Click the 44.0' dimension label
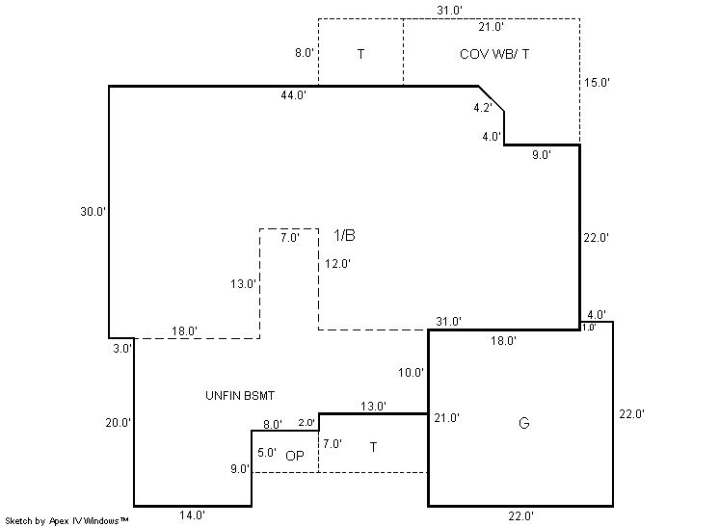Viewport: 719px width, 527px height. [294, 95]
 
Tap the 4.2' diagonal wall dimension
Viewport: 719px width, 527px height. [483, 109]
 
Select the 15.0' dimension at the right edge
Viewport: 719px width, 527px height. [597, 83]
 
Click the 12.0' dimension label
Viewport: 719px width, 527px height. [337, 263]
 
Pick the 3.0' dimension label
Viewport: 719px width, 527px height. [121, 349]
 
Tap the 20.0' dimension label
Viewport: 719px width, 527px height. [120, 422]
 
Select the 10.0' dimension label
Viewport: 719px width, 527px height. [412, 372]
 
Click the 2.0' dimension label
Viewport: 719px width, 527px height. [306, 423]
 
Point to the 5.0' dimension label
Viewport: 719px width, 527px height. [267, 452]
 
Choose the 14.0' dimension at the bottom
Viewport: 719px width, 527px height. [191, 515]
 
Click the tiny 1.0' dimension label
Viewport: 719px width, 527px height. [589, 328]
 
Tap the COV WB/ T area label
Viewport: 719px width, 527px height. [493, 54]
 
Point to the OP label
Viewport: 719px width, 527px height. [295, 456]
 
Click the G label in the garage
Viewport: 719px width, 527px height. [523, 423]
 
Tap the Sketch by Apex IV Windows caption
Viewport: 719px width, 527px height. [67, 520]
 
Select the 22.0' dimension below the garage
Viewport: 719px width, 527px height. [519, 515]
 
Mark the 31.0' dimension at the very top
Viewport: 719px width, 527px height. [450, 10]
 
